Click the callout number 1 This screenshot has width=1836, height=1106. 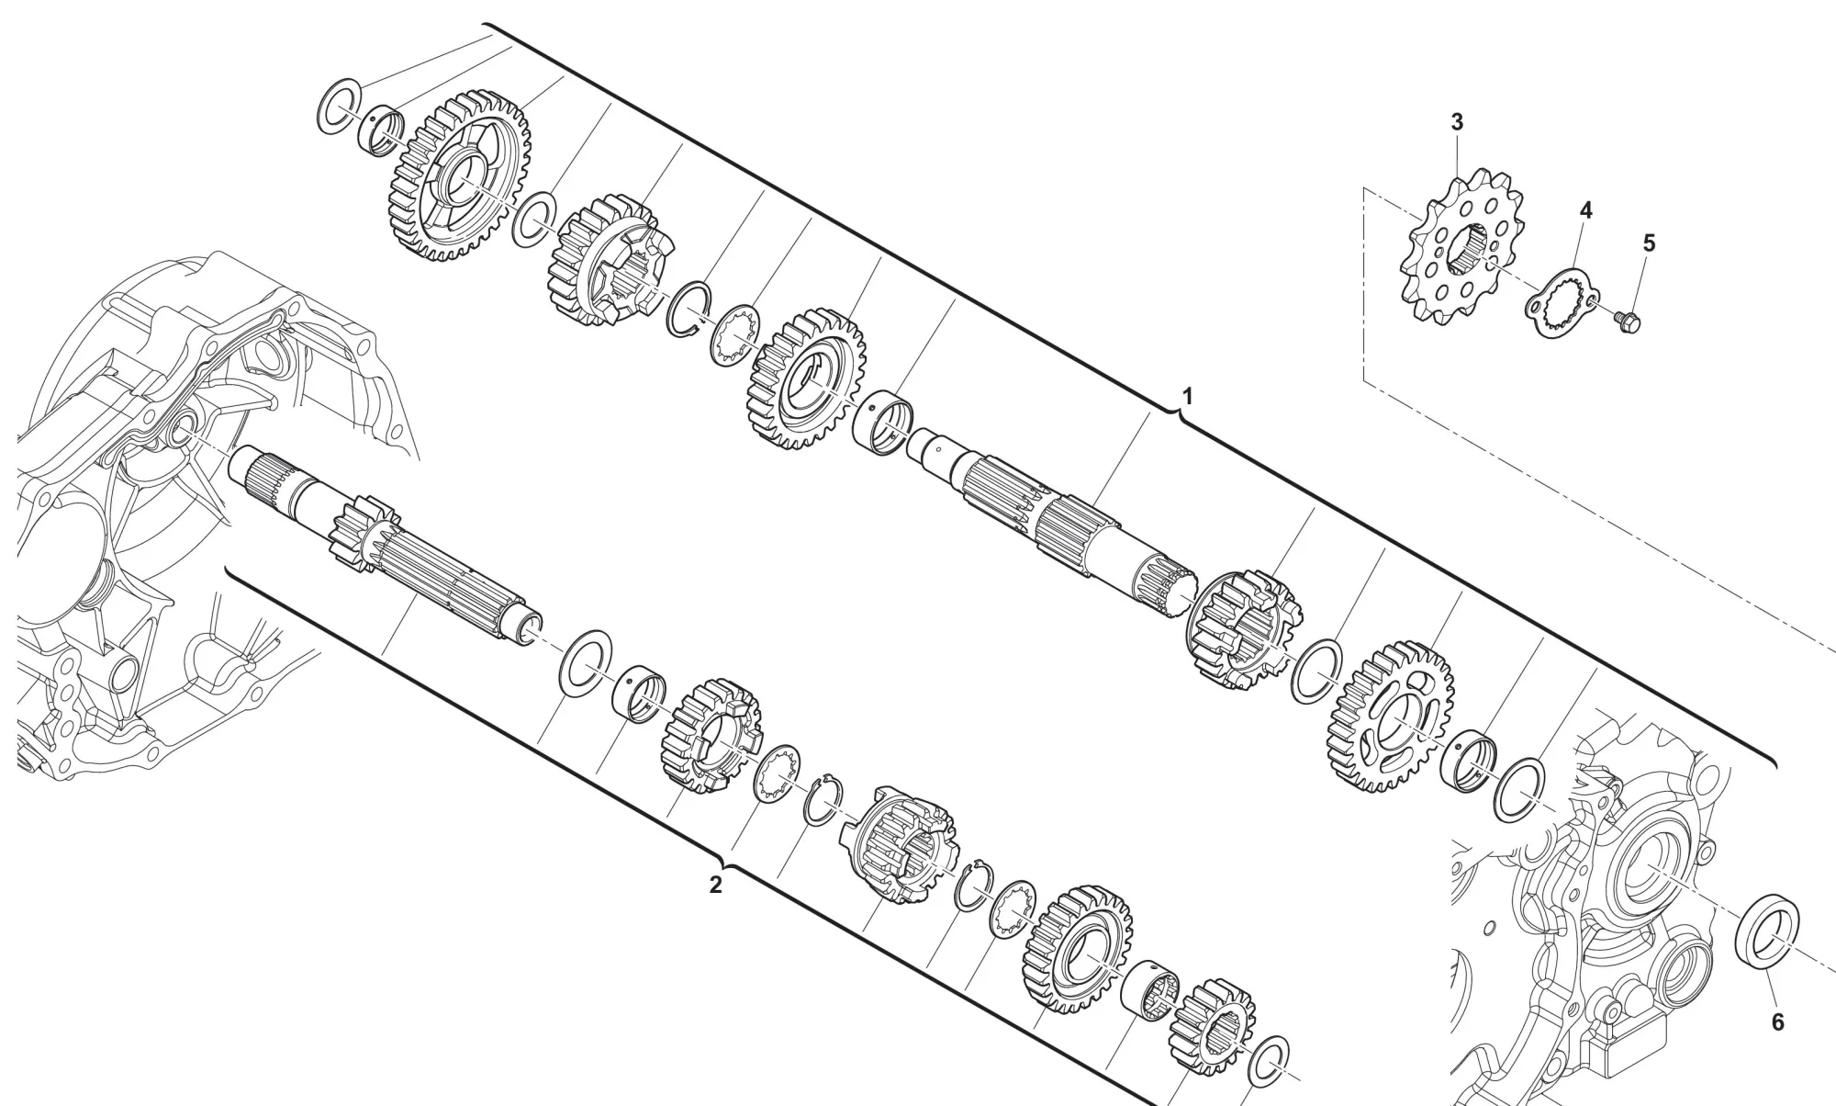(x=1187, y=397)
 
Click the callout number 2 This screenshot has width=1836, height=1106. (x=715, y=886)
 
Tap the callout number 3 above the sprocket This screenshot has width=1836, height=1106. (x=1457, y=122)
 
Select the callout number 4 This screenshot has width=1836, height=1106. (x=1585, y=210)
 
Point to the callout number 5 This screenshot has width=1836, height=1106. (x=1649, y=243)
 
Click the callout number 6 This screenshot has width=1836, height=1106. (x=1776, y=1021)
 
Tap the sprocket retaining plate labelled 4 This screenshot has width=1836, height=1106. (x=1562, y=304)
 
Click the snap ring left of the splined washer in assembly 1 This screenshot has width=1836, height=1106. (x=689, y=309)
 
